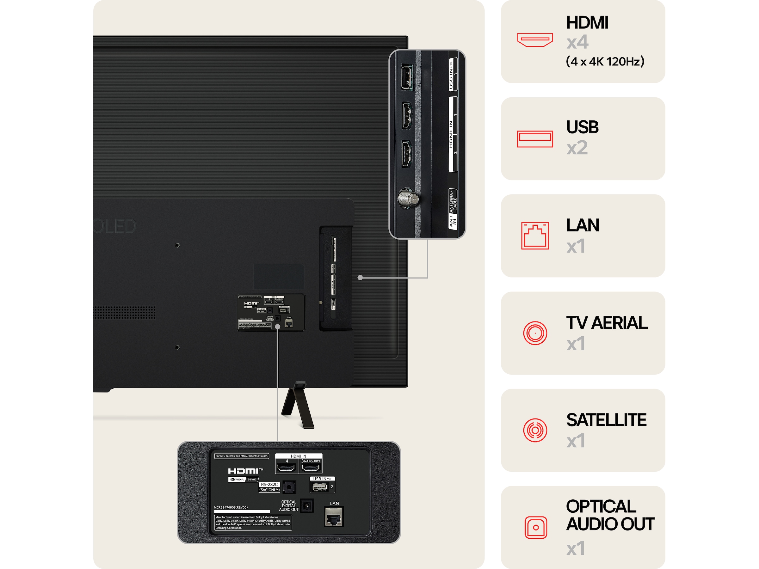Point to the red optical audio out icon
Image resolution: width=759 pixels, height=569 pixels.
pos(535,527)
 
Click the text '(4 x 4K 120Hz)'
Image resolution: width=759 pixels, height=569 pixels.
pos(605,61)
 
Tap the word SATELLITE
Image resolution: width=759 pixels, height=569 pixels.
pos(606,420)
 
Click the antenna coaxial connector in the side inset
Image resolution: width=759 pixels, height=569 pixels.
pos(408,198)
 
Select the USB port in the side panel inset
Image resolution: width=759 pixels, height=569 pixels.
pos(407,77)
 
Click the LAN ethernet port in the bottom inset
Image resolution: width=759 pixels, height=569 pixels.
pos(334,517)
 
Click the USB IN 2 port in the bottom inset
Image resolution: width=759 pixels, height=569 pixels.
pos(319,487)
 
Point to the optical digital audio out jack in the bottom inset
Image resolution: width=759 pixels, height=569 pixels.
pos(307,505)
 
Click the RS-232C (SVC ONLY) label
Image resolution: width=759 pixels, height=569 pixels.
pos(269,487)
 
